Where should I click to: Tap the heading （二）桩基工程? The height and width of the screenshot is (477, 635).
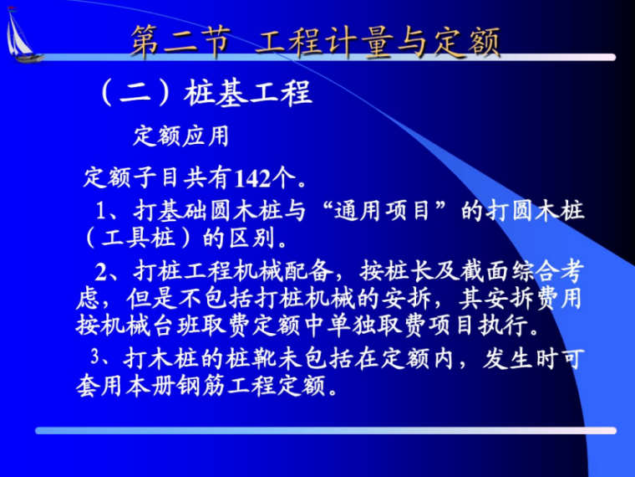tap(205, 91)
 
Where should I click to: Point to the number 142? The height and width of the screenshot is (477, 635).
tap(252, 178)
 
